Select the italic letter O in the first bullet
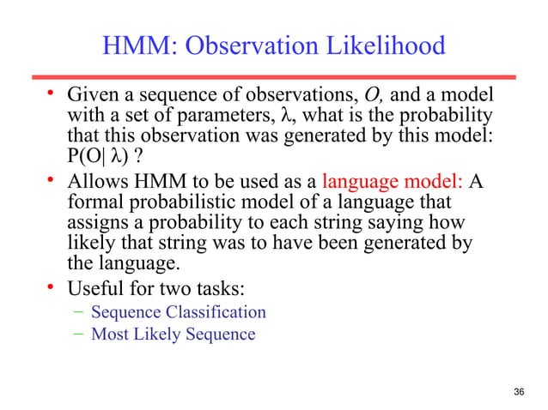[x=350, y=92]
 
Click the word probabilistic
[x=194, y=204]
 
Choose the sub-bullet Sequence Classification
[x=179, y=312]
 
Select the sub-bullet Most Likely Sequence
[x=173, y=334]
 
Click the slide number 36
[x=517, y=392]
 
